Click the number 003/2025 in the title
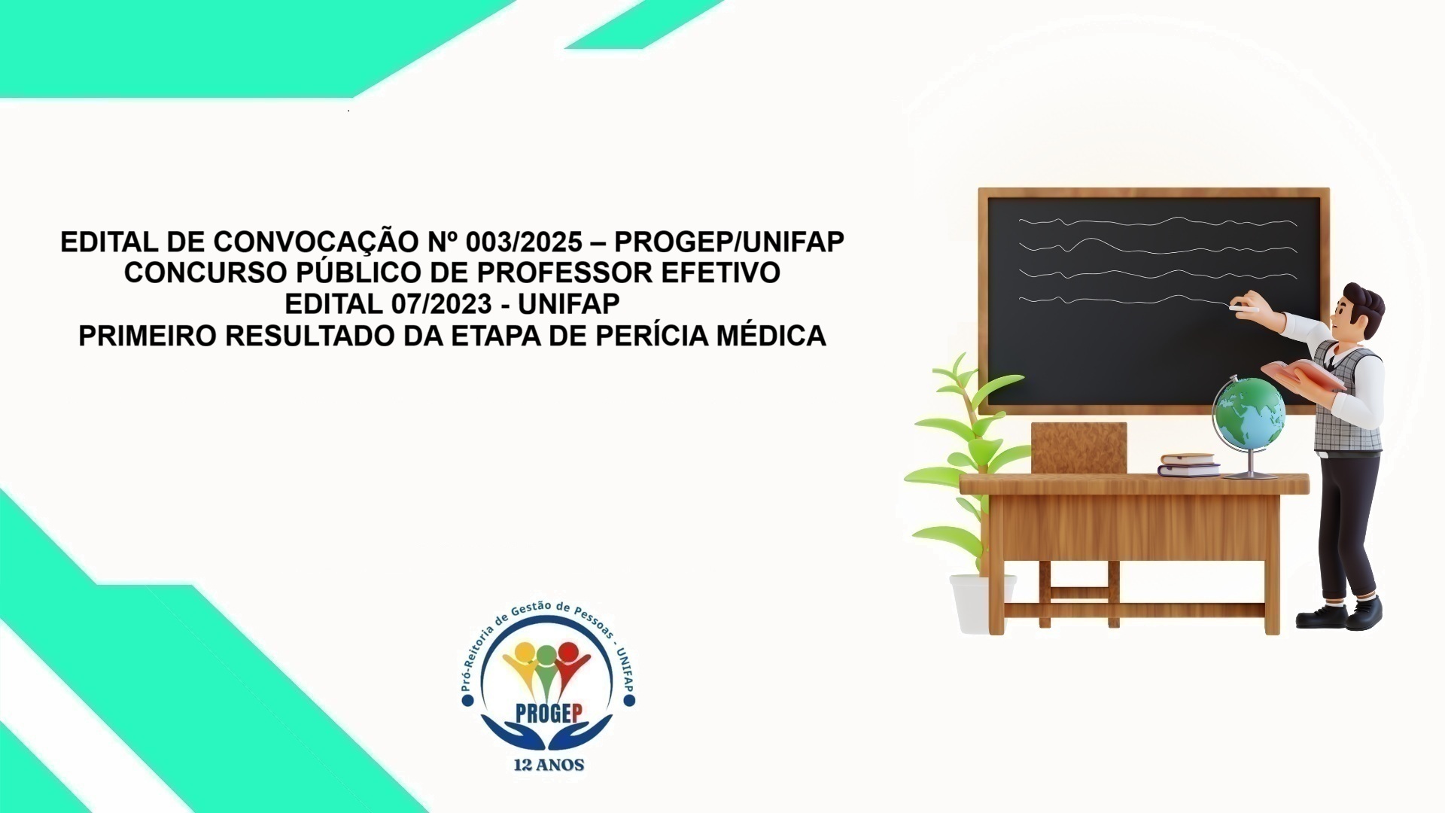pyautogui.click(x=524, y=242)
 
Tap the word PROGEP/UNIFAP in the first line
pyautogui.click(x=729, y=242)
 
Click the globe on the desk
pyautogui.click(x=1249, y=416)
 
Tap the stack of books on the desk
pyautogui.click(x=1188, y=464)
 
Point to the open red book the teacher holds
pyautogui.click(x=1301, y=374)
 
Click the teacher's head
pyautogui.click(x=1361, y=309)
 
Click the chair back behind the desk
pyautogui.click(x=1078, y=447)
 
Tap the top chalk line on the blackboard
pyautogui.click(x=1157, y=222)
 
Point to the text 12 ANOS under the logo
pyautogui.click(x=549, y=765)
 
